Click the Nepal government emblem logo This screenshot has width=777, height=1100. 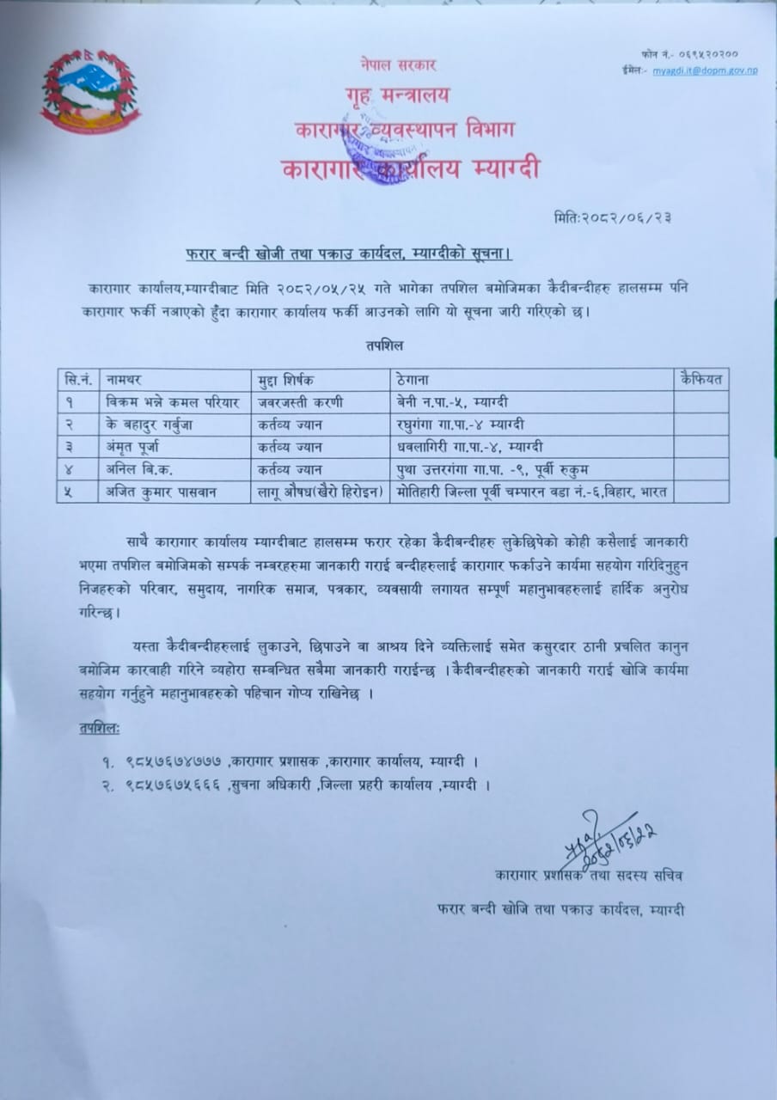click(90, 92)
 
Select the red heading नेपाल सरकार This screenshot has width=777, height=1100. click(399, 65)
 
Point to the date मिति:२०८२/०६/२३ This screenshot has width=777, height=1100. click(613, 217)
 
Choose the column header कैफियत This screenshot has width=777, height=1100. click(701, 379)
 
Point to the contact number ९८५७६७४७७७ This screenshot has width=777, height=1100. click(174, 761)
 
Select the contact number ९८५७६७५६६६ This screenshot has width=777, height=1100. click(174, 784)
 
